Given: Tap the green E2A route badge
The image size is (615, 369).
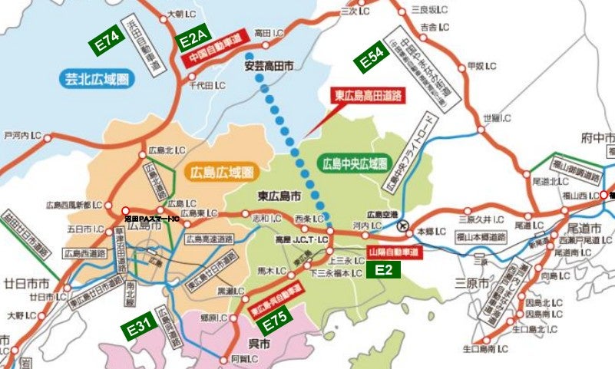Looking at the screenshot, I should pyautogui.click(x=193, y=38).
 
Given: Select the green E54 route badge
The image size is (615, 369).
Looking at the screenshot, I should pyautogui.click(x=372, y=59).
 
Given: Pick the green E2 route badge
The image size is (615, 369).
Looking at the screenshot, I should pyautogui.click(x=383, y=269).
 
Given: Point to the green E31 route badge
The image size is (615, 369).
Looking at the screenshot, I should pyautogui.click(x=140, y=328).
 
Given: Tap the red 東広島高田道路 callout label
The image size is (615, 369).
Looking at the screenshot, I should pyautogui.click(x=368, y=96).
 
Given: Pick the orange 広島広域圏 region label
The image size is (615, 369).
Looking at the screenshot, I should pyautogui.click(x=219, y=172).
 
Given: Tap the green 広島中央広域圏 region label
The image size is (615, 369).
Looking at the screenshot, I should pyautogui.click(x=353, y=163).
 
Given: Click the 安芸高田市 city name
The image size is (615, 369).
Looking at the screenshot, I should pyautogui.click(x=269, y=66).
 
